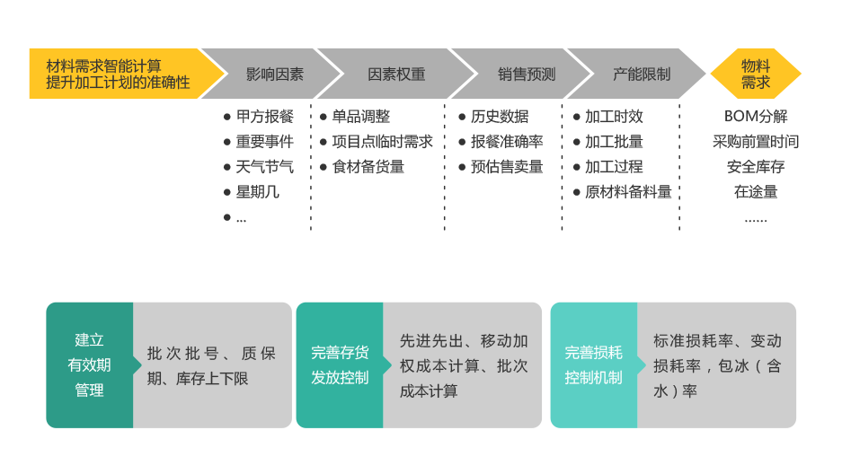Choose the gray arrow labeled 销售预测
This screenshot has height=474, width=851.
[x=521, y=74]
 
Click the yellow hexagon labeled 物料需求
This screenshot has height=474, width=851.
[x=755, y=74]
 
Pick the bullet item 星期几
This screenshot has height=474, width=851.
[x=257, y=192]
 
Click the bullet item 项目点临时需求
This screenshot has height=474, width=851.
[x=382, y=142]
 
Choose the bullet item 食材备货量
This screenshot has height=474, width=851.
[x=368, y=167]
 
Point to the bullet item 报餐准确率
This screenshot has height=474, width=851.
[x=507, y=142]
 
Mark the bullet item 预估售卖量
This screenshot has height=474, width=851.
[x=507, y=167]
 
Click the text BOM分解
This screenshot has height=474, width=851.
[x=755, y=117]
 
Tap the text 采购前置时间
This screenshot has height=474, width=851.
[x=755, y=142]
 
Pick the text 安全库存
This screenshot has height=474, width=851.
[x=755, y=167]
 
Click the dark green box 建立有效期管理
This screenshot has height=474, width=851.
[x=89, y=365]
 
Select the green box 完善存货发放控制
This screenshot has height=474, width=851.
[x=340, y=365]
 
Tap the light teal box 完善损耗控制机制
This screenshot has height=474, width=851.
[x=593, y=365]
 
